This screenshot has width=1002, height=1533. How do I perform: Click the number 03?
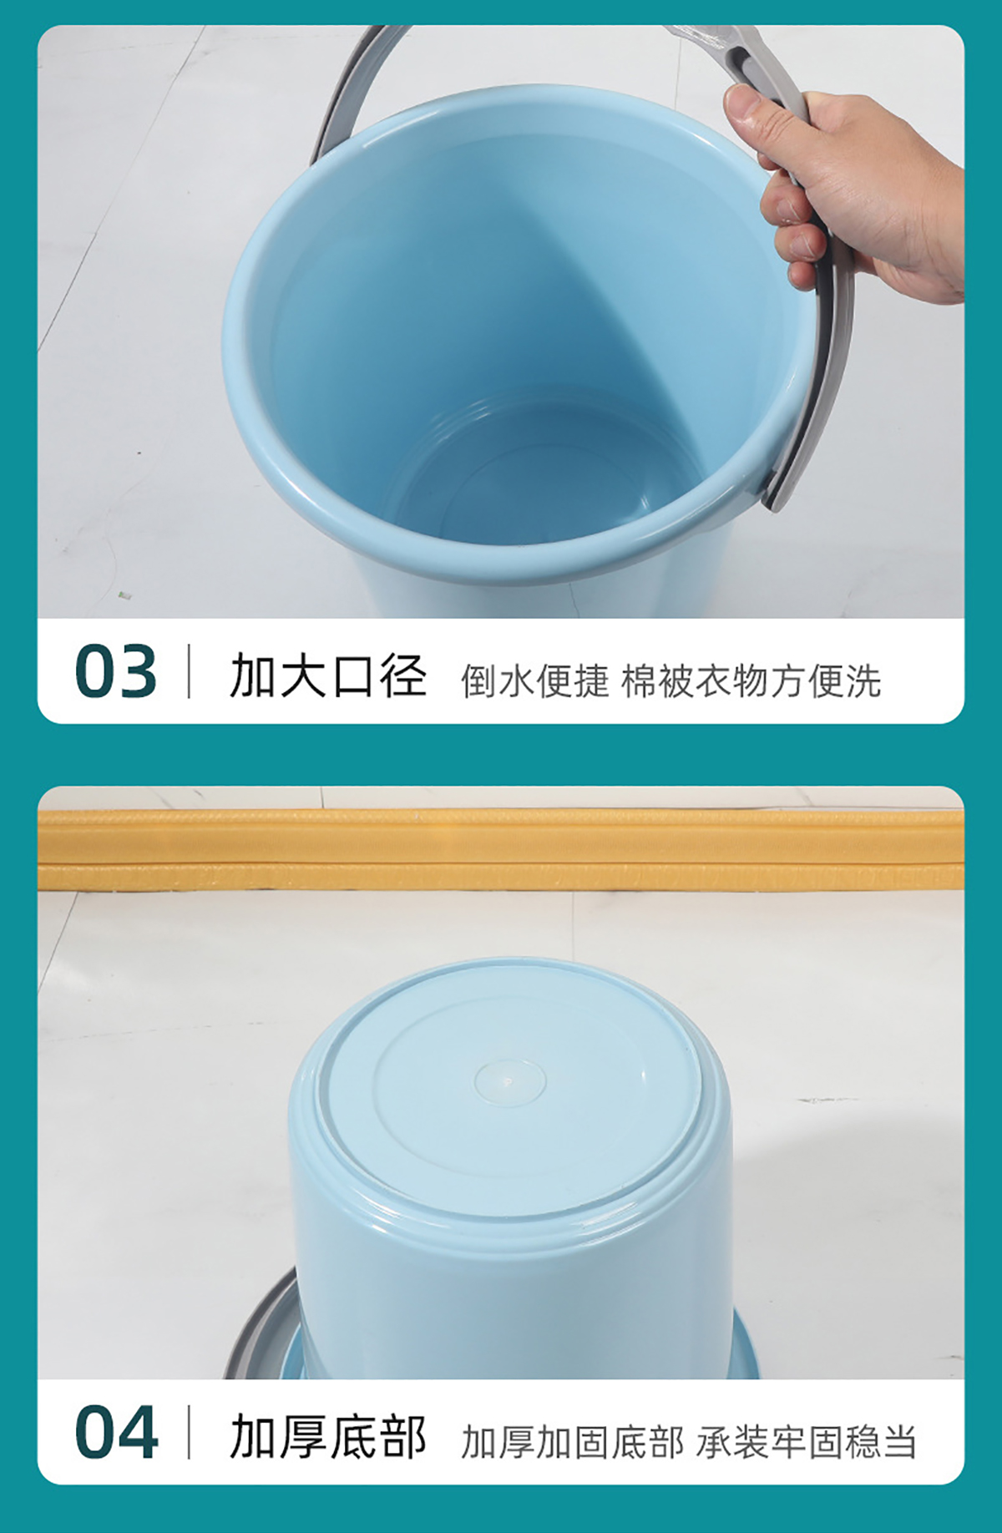click(115, 671)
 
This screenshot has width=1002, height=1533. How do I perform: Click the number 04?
click(116, 1432)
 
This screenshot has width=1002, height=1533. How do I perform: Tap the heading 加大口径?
click(328, 675)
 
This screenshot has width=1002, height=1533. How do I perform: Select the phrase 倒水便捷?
click(534, 680)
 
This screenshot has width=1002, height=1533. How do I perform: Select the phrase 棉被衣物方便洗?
click(751, 680)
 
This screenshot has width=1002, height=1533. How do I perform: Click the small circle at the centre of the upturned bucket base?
click(509, 1082)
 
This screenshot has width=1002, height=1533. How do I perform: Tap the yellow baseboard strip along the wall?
click(501, 847)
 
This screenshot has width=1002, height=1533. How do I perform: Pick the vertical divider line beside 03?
click(189, 671)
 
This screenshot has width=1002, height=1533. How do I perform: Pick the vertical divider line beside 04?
click(189, 1432)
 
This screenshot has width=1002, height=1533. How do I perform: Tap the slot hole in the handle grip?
click(738, 60)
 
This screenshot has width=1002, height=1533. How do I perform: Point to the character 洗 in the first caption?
click(863, 680)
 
